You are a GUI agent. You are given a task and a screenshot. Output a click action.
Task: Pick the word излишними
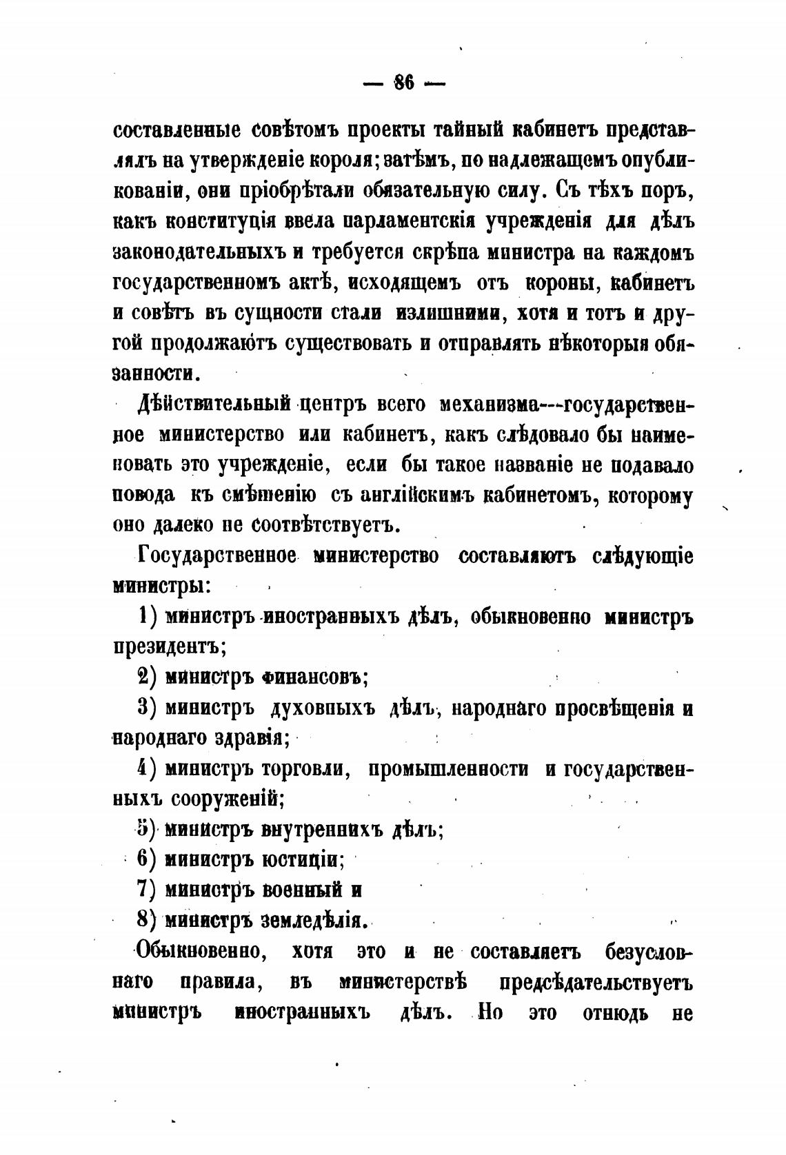(x=447, y=312)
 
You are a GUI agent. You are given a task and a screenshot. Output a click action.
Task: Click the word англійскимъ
(x=399, y=495)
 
